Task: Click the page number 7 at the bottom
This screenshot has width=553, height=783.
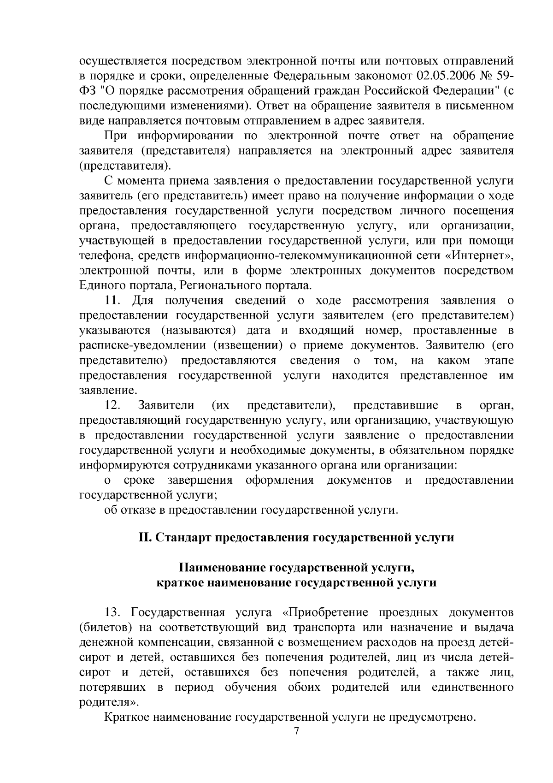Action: coord(296,731)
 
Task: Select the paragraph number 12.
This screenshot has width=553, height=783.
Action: coord(113,405)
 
